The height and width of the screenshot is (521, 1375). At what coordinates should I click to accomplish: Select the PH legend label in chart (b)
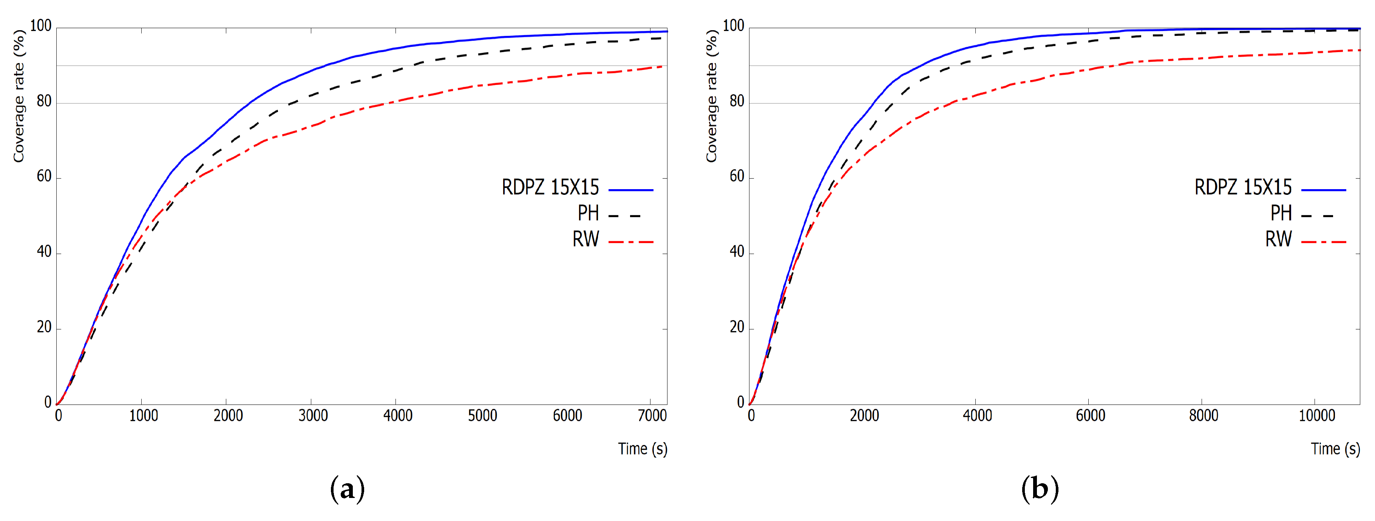tap(1281, 214)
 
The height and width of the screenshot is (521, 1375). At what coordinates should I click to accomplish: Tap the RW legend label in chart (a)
tap(586, 239)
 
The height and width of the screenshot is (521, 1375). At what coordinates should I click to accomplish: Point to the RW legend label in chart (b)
tap(1278, 239)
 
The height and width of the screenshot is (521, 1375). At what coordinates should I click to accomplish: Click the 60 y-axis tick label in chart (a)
tap(44, 177)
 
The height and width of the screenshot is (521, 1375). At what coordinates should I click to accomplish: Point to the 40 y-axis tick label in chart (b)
tap(737, 252)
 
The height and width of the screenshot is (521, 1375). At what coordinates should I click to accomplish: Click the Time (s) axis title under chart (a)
tap(643, 449)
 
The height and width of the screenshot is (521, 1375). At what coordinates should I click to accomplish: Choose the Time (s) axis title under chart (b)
tap(1335, 449)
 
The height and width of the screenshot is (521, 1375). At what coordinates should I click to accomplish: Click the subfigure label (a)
tap(348, 489)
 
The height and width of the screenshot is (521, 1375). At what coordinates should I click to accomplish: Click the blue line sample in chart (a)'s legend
tap(630, 190)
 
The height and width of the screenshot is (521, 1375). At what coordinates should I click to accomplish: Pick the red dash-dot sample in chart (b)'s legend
tap(1323, 242)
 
